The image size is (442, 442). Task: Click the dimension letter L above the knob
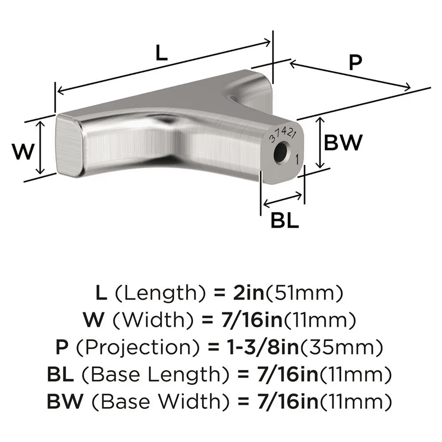point(162,54)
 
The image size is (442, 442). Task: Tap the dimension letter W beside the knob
point(23,152)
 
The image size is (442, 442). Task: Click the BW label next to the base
point(343,143)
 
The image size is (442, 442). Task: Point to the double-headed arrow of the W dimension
point(40,148)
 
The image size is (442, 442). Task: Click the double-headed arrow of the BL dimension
point(283,200)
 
